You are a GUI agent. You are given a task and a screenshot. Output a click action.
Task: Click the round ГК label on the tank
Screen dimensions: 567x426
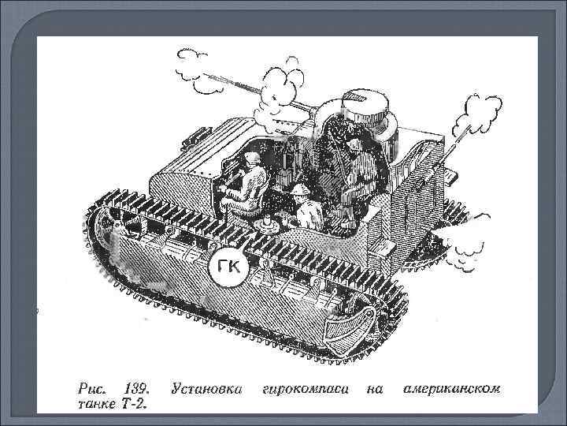pyautogui.click(x=229, y=267)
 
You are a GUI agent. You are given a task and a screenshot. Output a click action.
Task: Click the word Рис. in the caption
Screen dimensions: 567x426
pyautogui.click(x=92, y=389)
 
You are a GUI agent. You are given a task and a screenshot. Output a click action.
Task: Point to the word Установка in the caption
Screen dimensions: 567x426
pyautogui.click(x=206, y=389)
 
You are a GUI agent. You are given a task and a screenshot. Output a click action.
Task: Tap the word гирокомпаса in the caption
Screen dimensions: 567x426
pyautogui.click(x=304, y=390)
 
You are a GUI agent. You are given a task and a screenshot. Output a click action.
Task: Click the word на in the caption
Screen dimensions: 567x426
pyautogui.click(x=376, y=390)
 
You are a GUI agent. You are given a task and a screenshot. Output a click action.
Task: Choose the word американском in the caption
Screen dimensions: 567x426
pyautogui.click(x=451, y=390)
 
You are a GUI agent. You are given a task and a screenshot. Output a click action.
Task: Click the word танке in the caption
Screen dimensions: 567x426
pyautogui.click(x=97, y=404)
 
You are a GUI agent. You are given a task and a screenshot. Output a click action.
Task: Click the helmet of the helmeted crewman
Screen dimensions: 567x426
pyautogui.click(x=300, y=189)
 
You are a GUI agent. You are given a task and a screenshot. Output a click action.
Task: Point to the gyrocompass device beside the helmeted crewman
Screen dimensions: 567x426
pyautogui.click(x=267, y=225)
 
